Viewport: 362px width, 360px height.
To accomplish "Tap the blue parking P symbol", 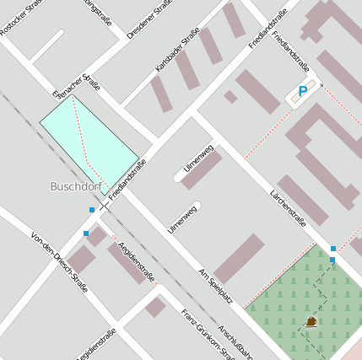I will click(302, 91).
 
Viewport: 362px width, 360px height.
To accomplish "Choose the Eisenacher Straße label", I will click(76, 85).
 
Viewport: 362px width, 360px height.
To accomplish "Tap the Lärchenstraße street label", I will click(287, 210).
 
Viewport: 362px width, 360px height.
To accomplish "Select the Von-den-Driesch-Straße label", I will click(60, 261).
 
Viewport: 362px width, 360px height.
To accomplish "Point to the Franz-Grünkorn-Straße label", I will click(208, 334).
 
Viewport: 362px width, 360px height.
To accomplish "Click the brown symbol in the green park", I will click(311, 321).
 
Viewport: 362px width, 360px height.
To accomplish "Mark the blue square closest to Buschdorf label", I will click(91, 209).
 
